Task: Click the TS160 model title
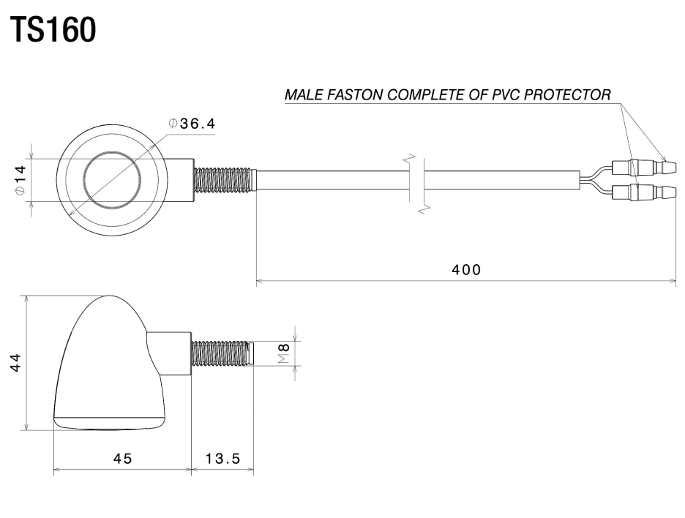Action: click(53, 30)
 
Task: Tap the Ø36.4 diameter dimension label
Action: click(192, 124)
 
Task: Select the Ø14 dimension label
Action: click(20, 180)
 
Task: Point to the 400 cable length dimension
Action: click(466, 269)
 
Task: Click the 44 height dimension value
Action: click(15, 362)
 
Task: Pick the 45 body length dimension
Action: click(122, 458)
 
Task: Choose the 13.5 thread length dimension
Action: click(222, 458)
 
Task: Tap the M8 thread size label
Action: click(284, 353)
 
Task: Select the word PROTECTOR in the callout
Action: click(567, 94)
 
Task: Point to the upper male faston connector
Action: click(644, 168)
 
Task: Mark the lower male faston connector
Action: click(644, 192)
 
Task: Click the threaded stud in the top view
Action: click(222, 180)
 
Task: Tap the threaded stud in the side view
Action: click(222, 353)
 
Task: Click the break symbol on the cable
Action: click(416, 184)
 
